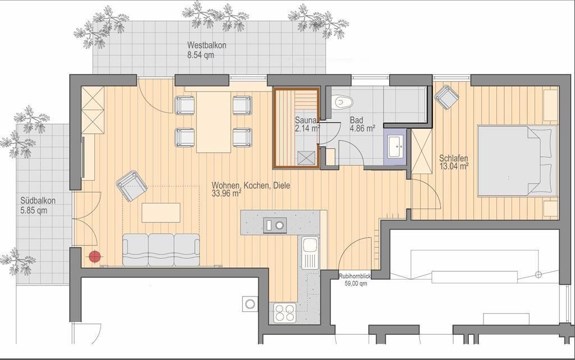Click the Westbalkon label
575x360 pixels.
(x=207, y=50)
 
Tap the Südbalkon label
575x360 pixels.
(x=38, y=206)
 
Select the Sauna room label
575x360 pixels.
(x=307, y=124)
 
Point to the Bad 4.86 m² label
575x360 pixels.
(x=362, y=124)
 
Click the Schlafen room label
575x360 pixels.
(x=454, y=162)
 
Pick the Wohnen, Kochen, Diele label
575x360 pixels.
(x=250, y=189)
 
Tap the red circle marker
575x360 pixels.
(x=94, y=257)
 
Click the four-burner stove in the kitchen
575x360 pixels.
(x=285, y=313)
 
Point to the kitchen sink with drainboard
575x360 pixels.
(x=310, y=253)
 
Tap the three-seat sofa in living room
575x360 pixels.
(x=161, y=250)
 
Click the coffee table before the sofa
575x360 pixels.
(x=161, y=213)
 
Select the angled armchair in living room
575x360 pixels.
(x=131, y=186)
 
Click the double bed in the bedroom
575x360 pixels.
(x=517, y=161)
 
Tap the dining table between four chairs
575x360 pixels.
(x=214, y=122)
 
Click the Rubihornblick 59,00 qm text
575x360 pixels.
(x=355, y=280)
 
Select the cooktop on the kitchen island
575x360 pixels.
(x=275, y=225)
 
